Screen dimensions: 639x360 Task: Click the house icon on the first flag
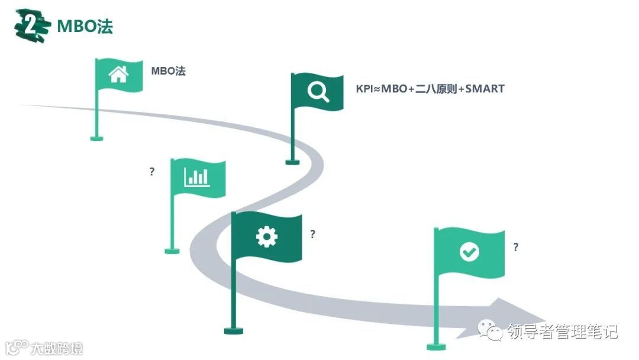pyautogui.click(x=118, y=75)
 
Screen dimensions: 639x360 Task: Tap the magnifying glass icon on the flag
pyautogui.click(x=318, y=92)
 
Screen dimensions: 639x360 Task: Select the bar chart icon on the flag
pyautogui.click(x=196, y=176)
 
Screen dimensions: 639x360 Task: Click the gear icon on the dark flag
pyautogui.click(x=266, y=237)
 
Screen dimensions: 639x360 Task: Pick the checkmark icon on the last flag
pyautogui.click(x=469, y=252)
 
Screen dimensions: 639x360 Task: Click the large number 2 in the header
pyautogui.click(x=30, y=26)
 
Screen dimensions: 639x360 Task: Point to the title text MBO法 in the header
pyautogui.click(x=85, y=27)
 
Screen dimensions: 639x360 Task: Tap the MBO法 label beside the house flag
pyautogui.click(x=168, y=71)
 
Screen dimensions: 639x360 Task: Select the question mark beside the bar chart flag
pyautogui.click(x=152, y=172)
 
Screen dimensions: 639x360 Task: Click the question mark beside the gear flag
pyautogui.click(x=313, y=234)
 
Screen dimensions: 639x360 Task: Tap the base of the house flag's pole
pyautogui.click(x=96, y=139)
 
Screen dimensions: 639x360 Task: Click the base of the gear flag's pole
pyautogui.click(x=234, y=330)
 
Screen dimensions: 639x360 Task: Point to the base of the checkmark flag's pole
pyautogui.click(x=436, y=346)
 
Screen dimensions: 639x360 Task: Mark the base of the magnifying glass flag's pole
pyautogui.click(x=292, y=161)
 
